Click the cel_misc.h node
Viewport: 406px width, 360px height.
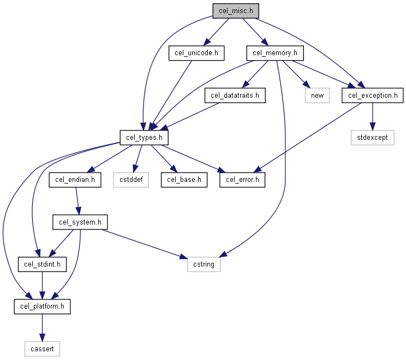click(x=236, y=11)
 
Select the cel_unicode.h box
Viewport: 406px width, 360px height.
click(x=196, y=53)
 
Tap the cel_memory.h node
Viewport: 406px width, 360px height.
click(x=275, y=53)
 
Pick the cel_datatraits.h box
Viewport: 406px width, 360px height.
click(x=235, y=96)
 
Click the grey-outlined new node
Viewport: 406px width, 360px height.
click(x=317, y=96)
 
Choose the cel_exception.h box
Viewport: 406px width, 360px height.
click(x=372, y=96)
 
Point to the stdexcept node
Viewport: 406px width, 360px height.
click(x=372, y=138)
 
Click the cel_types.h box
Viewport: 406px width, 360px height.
click(x=144, y=138)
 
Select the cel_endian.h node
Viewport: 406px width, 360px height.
click(x=75, y=180)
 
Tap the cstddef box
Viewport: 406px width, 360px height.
click(x=131, y=180)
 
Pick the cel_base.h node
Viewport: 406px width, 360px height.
click(x=184, y=180)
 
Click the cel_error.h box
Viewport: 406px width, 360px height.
click(x=242, y=180)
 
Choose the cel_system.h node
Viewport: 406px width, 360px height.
click(x=80, y=222)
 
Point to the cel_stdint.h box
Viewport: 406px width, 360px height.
click(x=42, y=264)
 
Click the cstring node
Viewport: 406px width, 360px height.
click(x=204, y=264)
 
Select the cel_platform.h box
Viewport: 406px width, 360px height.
click(x=42, y=306)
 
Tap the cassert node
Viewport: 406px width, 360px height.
click(x=42, y=349)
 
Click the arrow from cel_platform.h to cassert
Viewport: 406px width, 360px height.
click(x=42, y=328)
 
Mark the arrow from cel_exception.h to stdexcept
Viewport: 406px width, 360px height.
click(x=372, y=116)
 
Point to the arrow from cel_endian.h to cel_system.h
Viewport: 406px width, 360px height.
click(x=77, y=201)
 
